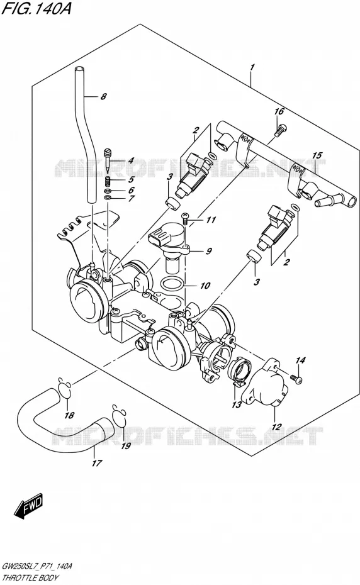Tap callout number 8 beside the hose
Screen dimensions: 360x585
[103, 97]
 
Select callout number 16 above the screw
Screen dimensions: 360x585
[279, 111]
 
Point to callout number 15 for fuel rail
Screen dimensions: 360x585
[317, 155]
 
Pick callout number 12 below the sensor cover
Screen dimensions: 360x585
[276, 426]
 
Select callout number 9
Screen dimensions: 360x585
[208, 251]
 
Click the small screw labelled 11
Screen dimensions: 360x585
[185, 218]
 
